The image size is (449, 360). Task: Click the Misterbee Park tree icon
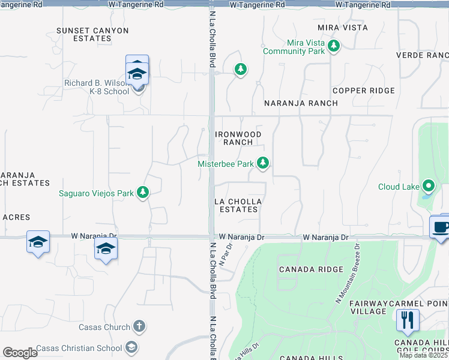[262, 163]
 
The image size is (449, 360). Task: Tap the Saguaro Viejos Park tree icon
[142, 193]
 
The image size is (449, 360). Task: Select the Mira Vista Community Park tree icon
[334, 46]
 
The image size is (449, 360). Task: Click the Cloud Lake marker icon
[429, 186]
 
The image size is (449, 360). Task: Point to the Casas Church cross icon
[139, 327]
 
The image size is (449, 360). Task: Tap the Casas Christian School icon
[131, 347]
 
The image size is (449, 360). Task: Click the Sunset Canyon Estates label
[92, 34]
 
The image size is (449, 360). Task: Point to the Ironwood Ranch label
[238, 138]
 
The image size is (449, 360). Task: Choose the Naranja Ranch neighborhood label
[302, 103]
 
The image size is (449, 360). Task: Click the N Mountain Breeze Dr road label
[347, 272]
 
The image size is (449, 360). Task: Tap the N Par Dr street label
[226, 256]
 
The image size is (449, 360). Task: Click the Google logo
[20, 353]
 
